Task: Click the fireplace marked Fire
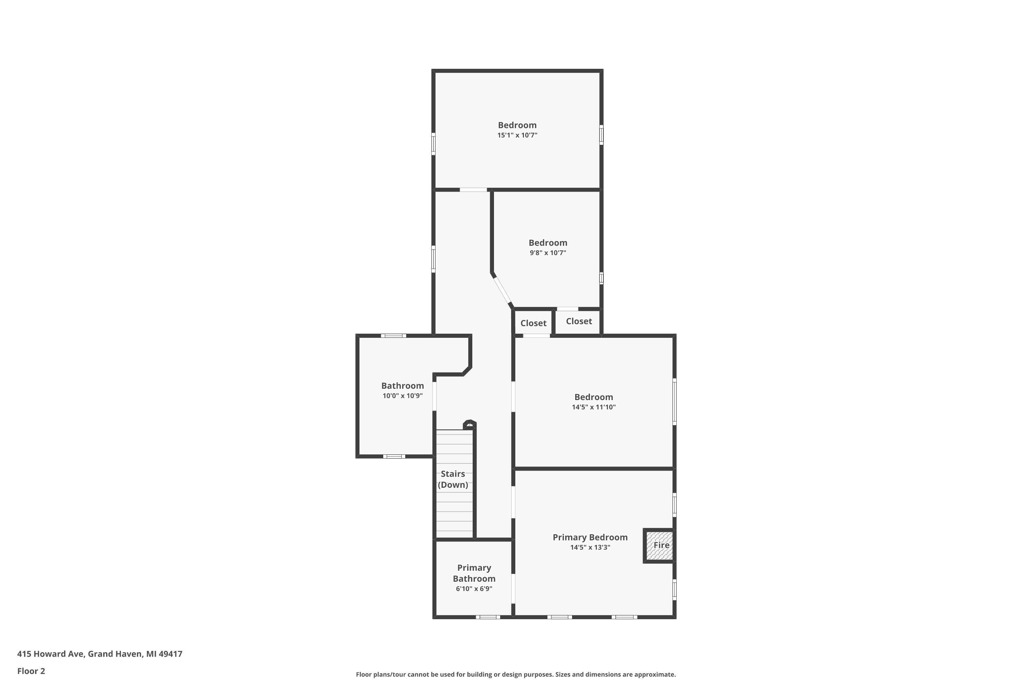click(659, 545)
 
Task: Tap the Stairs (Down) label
click(453, 479)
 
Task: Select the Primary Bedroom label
click(590, 537)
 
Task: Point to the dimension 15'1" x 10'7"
click(517, 135)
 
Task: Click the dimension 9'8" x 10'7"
click(548, 253)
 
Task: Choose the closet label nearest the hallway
click(534, 323)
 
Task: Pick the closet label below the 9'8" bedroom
click(579, 321)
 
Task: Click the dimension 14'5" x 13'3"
click(590, 548)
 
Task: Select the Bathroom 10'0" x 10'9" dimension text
click(403, 396)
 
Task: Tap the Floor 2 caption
click(31, 671)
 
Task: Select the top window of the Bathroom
click(394, 336)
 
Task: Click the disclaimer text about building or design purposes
click(516, 674)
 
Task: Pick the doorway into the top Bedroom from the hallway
click(473, 190)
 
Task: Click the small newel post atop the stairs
click(470, 424)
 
